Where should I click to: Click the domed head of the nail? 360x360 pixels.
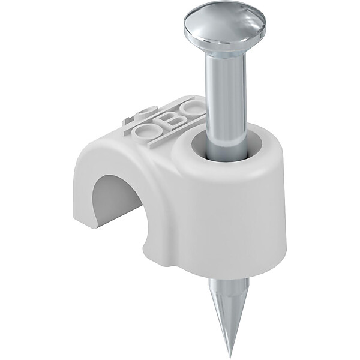point(224,29)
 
